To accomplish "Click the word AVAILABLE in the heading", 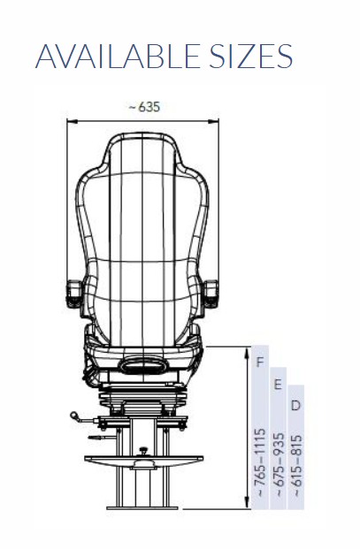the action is [x=118, y=56].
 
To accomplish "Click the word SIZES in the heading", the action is [x=250, y=56].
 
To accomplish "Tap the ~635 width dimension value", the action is [x=144, y=107].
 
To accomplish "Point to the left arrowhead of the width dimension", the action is [x=72, y=121].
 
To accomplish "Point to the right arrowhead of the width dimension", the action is [x=213, y=121].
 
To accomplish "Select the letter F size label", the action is [x=260, y=362].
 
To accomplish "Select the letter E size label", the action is [x=278, y=385].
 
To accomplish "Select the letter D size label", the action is [x=296, y=406].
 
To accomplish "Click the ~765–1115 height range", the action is [x=260, y=462].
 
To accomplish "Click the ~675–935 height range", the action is [x=279, y=465].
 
